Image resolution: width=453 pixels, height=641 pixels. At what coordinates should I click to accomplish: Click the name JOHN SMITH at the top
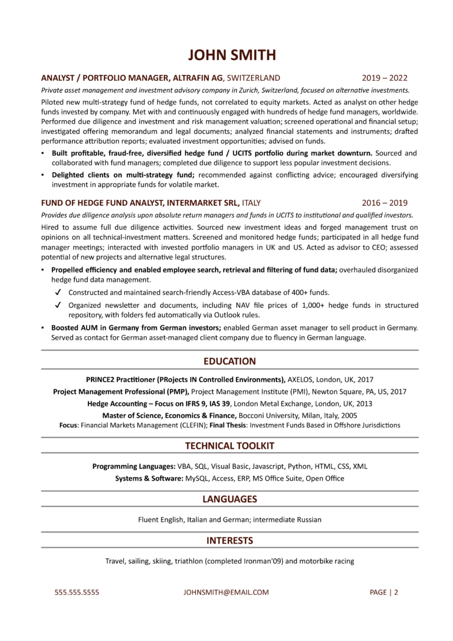pyautogui.click(x=231, y=55)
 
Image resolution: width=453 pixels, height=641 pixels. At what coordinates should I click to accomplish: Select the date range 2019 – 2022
pyautogui.click(x=384, y=78)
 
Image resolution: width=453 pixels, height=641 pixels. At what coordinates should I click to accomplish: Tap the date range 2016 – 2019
pyautogui.click(x=384, y=202)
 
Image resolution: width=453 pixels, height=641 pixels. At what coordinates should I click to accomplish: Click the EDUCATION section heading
pyautogui.click(x=229, y=361)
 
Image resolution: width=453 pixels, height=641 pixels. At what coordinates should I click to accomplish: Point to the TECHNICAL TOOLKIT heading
pyautogui.click(x=229, y=446)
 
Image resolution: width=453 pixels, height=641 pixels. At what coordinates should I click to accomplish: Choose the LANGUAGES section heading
pyautogui.click(x=229, y=499)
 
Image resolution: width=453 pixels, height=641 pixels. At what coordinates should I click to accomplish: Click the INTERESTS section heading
pyautogui.click(x=229, y=540)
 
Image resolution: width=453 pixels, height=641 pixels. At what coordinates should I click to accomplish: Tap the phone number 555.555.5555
pyautogui.click(x=77, y=592)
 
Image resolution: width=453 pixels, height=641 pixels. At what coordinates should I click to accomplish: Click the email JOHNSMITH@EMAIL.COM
pyautogui.click(x=226, y=592)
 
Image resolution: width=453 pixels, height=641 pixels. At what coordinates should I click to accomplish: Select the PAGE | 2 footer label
pyautogui.click(x=384, y=592)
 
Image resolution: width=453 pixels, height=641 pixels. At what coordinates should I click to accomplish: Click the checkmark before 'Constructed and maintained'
pyautogui.click(x=58, y=292)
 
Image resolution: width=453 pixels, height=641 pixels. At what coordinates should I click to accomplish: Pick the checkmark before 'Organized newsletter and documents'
pyautogui.click(x=58, y=305)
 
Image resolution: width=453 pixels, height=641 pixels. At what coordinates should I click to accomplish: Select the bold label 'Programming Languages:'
pyautogui.click(x=133, y=466)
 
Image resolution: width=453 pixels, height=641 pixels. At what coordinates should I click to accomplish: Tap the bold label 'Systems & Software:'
pyautogui.click(x=149, y=478)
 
